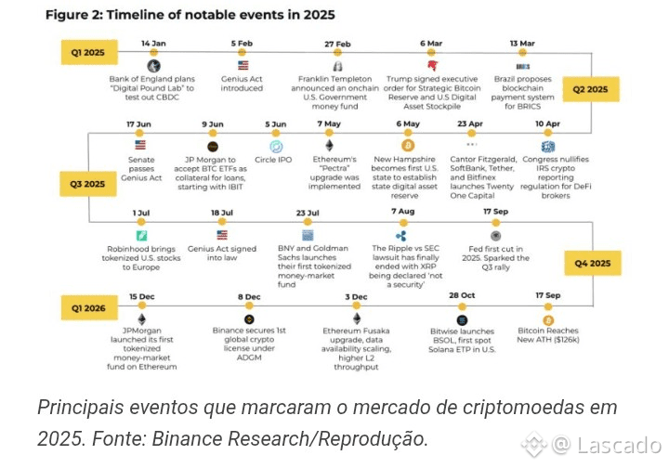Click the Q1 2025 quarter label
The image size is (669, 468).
(88, 53)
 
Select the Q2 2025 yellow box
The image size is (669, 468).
(590, 89)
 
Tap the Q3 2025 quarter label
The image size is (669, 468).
(88, 184)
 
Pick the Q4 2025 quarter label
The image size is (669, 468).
(590, 264)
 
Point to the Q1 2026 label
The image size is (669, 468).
(88, 305)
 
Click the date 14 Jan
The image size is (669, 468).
(153, 44)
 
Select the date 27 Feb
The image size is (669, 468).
(337, 44)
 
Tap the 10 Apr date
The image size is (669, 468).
(548, 123)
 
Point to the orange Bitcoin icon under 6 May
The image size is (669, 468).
(407, 146)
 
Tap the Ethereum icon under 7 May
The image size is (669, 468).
(328, 146)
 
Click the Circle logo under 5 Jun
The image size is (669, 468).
(276, 146)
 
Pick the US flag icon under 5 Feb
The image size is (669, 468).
(243, 66)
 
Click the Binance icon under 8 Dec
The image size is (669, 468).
(249, 318)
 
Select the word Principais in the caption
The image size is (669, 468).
(81, 408)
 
